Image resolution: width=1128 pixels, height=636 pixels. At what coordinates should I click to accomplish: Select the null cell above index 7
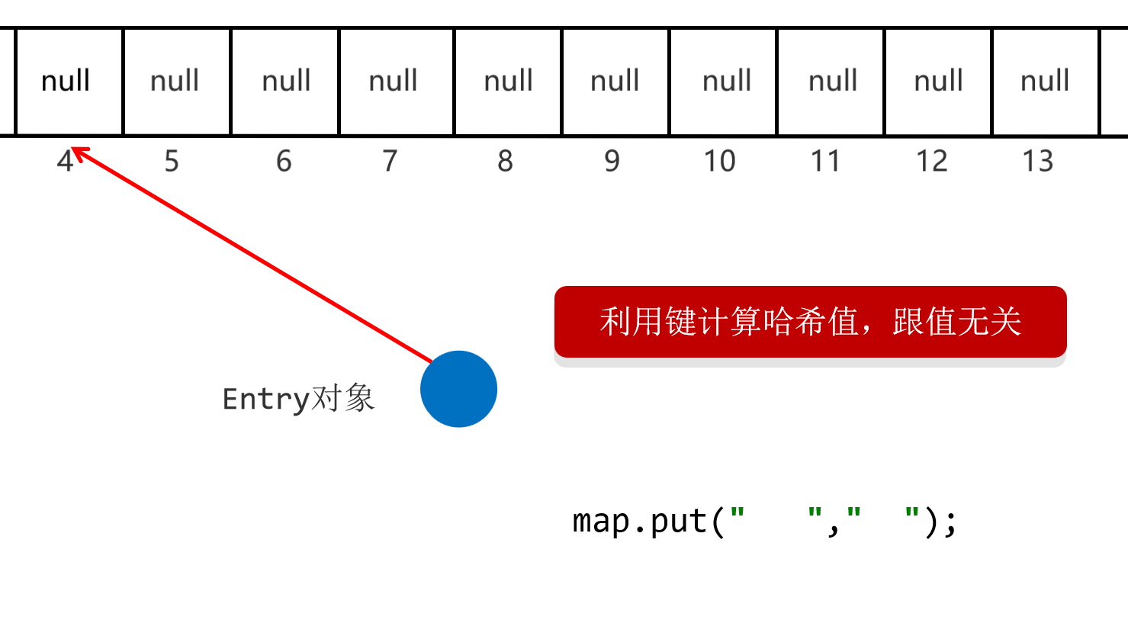tap(394, 82)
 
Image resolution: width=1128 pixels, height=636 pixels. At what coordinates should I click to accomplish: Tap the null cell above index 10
tap(727, 82)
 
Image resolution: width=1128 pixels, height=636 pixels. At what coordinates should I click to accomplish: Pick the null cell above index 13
tap(1045, 82)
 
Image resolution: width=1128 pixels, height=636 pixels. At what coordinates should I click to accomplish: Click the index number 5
tap(172, 162)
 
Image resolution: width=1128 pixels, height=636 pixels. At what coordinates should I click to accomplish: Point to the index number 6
tap(284, 162)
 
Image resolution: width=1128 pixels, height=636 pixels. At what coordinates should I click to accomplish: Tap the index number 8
tap(505, 162)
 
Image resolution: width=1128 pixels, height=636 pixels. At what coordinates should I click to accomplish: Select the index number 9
tap(612, 162)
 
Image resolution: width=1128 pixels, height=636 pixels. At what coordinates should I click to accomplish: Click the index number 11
tap(825, 162)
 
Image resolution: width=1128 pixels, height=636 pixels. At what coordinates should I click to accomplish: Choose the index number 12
tap(931, 162)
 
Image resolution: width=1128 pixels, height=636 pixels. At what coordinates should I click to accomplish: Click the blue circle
tap(458, 389)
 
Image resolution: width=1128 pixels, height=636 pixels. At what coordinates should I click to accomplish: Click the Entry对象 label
tap(298, 399)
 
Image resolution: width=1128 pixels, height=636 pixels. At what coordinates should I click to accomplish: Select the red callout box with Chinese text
tap(810, 322)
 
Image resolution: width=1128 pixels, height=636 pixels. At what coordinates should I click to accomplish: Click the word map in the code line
tap(600, 522)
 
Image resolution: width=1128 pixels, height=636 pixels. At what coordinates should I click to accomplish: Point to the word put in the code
tap(679, 522)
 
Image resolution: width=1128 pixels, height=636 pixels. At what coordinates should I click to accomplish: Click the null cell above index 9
tap(615, 82)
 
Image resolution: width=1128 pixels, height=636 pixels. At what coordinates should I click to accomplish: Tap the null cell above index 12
tap(938, 82)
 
